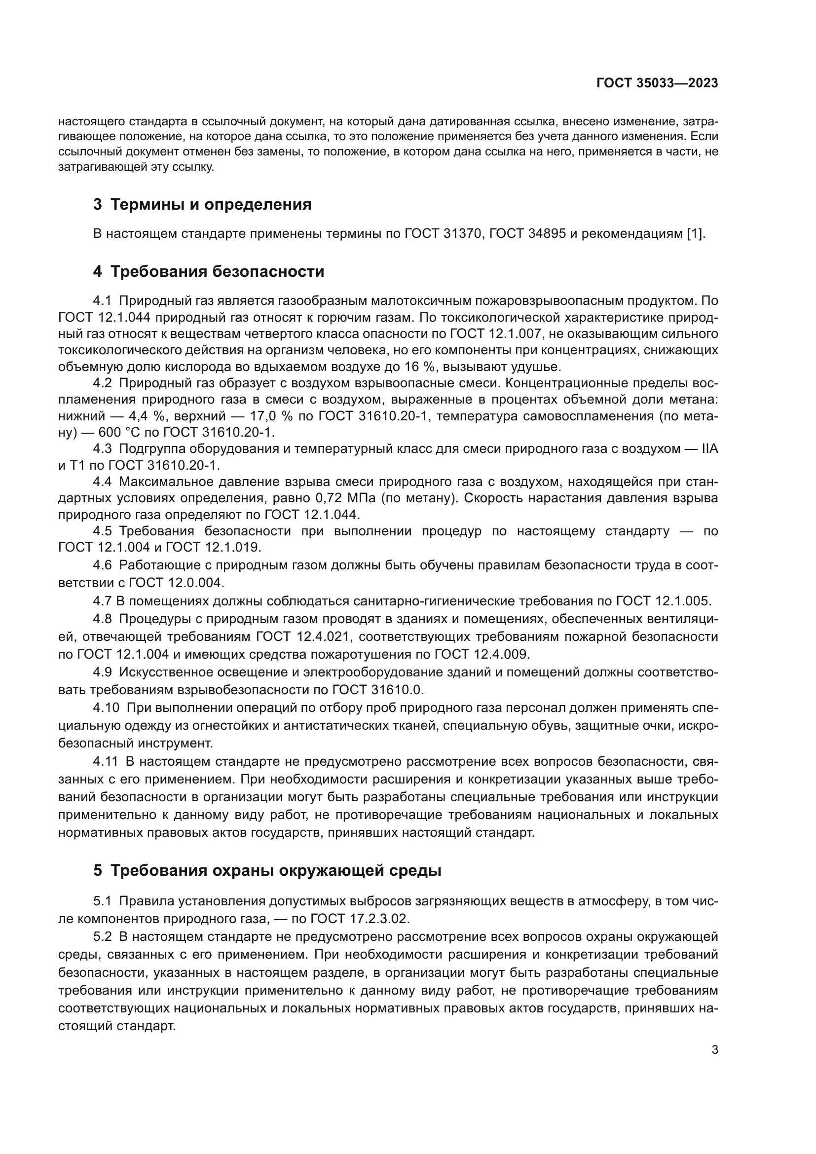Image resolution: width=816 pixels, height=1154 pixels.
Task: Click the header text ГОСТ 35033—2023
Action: tap(657, 83)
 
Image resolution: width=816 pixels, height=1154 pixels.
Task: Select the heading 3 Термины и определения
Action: tap(202, 205)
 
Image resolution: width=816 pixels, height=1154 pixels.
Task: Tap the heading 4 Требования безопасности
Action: tap(209, 271)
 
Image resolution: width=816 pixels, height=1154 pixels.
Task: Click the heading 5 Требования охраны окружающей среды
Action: tap(267, 870)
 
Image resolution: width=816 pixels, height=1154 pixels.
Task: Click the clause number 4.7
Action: tap(103, 600)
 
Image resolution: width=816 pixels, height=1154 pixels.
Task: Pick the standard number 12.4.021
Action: tap(323, 637)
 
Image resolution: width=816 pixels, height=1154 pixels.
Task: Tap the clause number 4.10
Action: tap(106, 707)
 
